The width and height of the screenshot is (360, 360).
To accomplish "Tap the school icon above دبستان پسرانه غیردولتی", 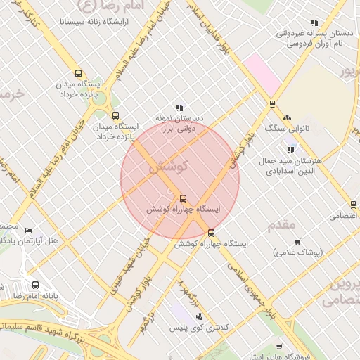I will click(314, 22).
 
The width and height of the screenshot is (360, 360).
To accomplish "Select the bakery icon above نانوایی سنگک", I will click(287, 117).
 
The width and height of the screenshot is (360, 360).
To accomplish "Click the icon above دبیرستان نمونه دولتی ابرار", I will click(180, 108).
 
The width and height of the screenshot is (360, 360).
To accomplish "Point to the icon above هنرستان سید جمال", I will click(290, 149).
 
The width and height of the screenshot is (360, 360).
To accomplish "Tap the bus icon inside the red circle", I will click(184, 198).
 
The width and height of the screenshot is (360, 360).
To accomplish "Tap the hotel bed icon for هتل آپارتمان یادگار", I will click(28, 230).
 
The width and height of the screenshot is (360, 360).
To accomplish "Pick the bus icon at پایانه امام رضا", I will click(36, 285).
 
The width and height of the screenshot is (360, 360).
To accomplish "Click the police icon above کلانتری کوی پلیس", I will click(200, 316).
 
